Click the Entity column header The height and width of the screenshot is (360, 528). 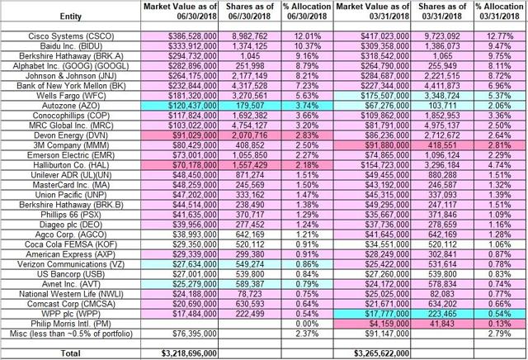coord(70,17)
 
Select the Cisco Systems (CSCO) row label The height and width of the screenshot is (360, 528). coord(71,36)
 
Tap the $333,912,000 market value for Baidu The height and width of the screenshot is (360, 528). coord(192,46)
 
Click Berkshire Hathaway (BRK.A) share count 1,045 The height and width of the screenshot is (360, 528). coord(250,56)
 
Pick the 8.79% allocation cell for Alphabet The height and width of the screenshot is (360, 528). coord(307,66)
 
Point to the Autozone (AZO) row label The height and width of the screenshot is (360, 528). coord(71,106)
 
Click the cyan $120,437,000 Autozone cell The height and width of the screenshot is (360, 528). coord(192,106)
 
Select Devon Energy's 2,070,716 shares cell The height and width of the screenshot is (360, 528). coord(250,135)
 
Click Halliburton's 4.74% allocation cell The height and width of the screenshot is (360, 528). coord(500,165)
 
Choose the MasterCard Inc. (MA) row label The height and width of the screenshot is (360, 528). coord(71,185)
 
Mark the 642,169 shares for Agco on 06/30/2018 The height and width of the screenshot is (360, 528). coord(250,234)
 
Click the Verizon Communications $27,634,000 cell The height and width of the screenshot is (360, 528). coord(195,264)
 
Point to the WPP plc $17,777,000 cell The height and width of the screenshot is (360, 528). coord(387,314)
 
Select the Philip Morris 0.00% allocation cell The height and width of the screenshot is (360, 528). coord(307,324)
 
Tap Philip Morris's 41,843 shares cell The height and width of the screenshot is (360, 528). coord(442,324)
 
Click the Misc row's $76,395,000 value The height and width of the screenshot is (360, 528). coord(195,334)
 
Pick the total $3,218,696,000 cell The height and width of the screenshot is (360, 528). coord(189,353)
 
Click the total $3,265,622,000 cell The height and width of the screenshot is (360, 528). coord(382,353)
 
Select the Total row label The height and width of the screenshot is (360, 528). coord(70,353)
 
